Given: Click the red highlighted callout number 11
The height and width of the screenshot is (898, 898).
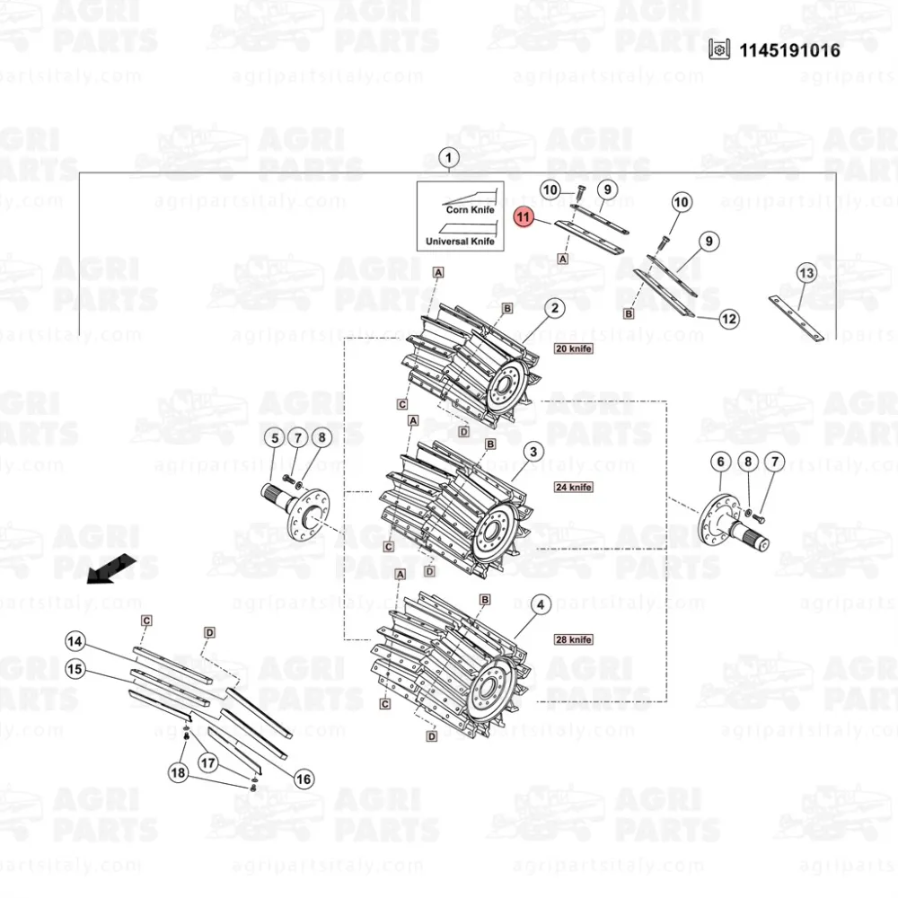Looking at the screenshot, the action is [x=523, y=217].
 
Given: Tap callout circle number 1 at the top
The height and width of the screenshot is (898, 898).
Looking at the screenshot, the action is [x=448, y=157].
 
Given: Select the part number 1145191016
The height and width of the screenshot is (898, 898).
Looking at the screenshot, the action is [x=789, y=50].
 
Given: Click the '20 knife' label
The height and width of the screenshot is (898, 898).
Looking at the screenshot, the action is [x=573, y=348].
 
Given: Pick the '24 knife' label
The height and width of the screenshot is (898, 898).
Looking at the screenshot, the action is [x=573, y=488].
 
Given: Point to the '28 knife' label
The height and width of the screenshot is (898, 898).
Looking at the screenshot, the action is [x=573, y=639].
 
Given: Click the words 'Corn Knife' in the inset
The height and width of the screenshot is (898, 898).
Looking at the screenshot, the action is [x=471, y=209].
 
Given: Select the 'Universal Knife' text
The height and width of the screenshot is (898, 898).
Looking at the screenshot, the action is [x=460, y=241].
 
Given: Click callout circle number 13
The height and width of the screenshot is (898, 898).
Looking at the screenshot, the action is [x=806, y=273].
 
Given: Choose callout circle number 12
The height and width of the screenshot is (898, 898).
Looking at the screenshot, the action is [x=728, y=319].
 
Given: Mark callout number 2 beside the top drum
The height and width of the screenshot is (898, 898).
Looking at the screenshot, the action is [x=554, y=308].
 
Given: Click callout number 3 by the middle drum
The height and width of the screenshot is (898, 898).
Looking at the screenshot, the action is [x=533, y=452].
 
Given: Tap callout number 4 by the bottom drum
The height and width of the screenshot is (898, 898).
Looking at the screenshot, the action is [x=541, y=604].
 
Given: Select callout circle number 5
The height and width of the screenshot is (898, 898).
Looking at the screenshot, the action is [x=275, y=438].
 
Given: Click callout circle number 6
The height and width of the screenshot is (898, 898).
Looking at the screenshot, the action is [x=720, y=462].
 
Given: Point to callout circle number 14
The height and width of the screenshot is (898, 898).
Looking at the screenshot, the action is [x=75, y=641].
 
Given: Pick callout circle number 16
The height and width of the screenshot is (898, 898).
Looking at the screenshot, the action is [x=303, y=779].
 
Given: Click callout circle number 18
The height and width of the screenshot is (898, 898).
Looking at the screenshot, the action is [x=178, y=773].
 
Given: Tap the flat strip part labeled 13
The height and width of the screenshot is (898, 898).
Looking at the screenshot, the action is [x=796, y=319].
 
